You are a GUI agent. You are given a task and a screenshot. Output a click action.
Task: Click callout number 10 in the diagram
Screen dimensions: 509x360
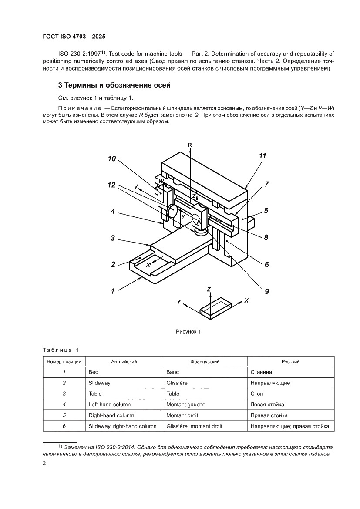pyautogui.click(x=112, y=159)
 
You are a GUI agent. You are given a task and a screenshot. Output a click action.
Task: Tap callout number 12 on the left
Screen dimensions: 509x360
pyautogui.click(x=112, y=185)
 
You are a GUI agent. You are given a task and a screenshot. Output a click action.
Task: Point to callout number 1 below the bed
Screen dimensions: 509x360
pyautogui.click(x=112, y=291)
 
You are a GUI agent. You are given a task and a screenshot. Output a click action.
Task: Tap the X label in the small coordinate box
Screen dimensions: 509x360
pyautogui.click(x=246, y=300)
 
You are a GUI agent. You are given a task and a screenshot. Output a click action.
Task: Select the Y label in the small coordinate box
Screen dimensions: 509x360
pyautogui.click(x=179, y=301)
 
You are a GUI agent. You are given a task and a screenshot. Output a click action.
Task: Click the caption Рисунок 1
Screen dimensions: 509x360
pyautogui.click(x=188, y=332)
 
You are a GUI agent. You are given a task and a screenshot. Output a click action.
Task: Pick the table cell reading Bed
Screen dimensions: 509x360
pyautogui.click(x=93, y=372)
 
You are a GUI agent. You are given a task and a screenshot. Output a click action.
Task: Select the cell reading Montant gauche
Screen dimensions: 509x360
pyautogui.click(x=186, y=405)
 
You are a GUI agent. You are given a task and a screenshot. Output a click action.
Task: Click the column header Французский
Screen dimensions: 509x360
pyautogui.click(x=205, y=361)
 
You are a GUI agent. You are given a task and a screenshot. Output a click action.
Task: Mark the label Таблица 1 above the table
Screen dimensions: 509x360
pyautogui.click(x=61, y=350)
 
